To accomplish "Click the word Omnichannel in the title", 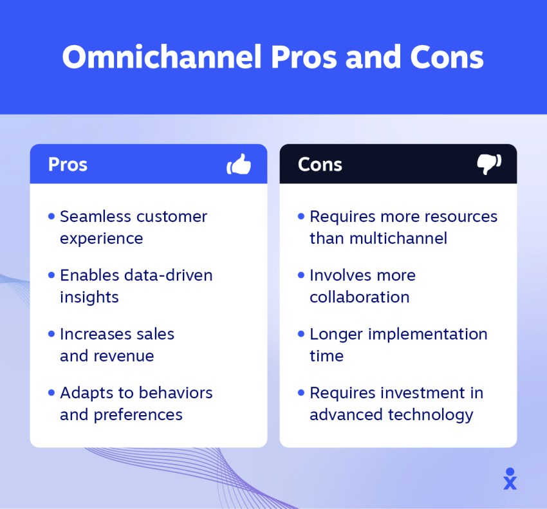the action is coord(162,57).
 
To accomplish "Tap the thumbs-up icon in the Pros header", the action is coord(239,164).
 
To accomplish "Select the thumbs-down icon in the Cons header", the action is coord(489,164).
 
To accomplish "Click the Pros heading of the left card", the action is coord(68,164).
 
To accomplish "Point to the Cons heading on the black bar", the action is coord(320,164).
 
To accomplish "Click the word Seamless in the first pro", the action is coord(95,216).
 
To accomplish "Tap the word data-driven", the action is coord(169,275).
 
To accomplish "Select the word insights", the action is coord(89,297).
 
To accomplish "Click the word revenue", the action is coord(124,356).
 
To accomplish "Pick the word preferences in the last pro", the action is coord(138,415).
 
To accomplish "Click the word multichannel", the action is coord(398,238).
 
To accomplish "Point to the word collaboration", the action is coord(359,297).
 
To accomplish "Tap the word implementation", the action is coord(428,334).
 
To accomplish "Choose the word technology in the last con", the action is coord(431,415).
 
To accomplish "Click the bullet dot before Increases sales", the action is coord(51,334).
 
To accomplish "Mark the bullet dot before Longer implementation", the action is coord(301,334).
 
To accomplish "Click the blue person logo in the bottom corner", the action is coord(510,479).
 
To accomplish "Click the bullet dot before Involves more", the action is coord(301,275).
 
